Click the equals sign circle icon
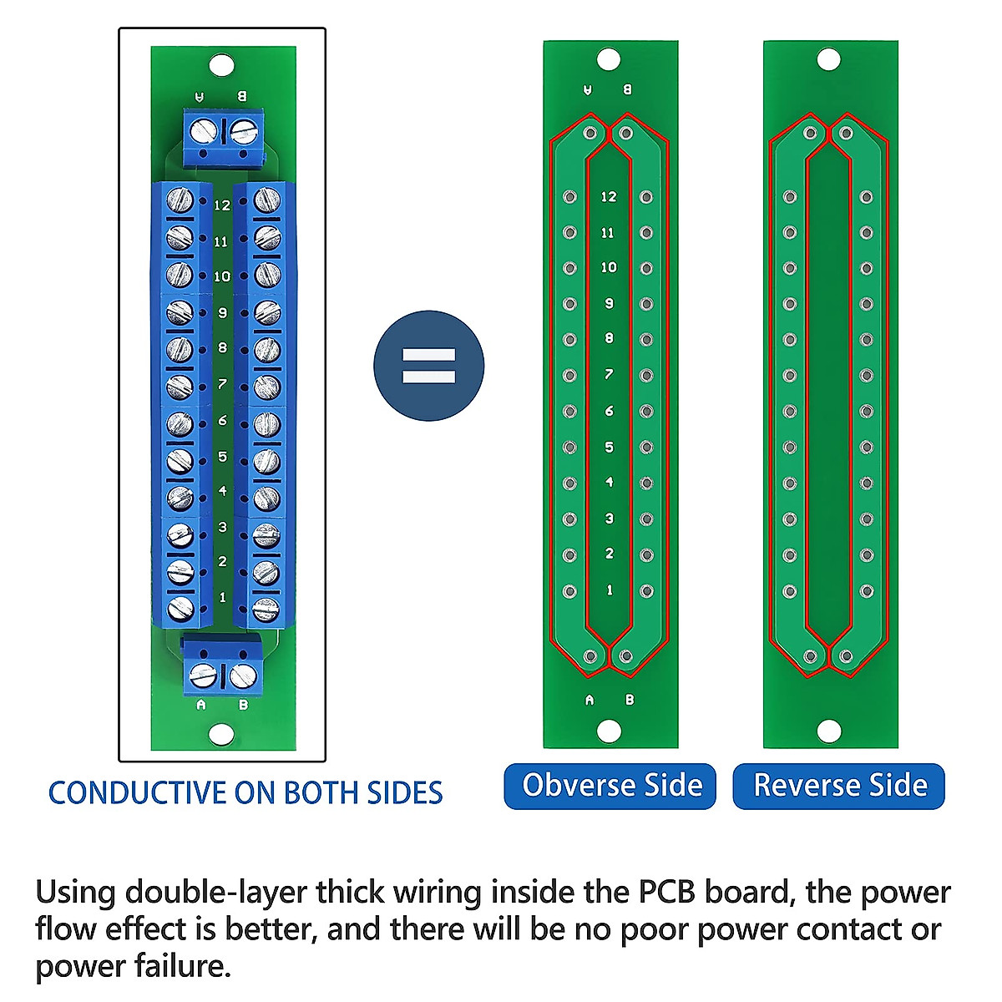pyautogui.click(x=428, y=366)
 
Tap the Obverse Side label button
pyautogui.click(x=610, y=786)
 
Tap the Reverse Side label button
pyautogui.click(x=839, y=786)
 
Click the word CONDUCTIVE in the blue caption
pyautogui.click(x=138, y=792)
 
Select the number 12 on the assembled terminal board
pyautogui.click(x=222, y=205)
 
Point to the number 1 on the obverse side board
pyautogui.click(x=609, y=590)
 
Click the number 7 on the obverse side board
pyautogui.click(x=609, y=374)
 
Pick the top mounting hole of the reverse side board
pyautogui.click(x=828, y=60)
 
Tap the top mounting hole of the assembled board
pyautogui.click(x=221, y=64)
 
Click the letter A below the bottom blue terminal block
pyautogui.click(x=200, y=705)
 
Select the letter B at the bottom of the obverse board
pyautogui.click(x=629, y=700)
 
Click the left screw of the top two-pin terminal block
pyautogui.click(x=205, y=131)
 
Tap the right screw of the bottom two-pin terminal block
pyautogui.click(x=243, y=675)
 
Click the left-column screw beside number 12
pyautogui.click(x=180, y=200)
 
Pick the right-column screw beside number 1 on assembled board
pyautogui.click(x=265, y=609)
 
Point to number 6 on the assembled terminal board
pyautogui.click(x=222, y=420)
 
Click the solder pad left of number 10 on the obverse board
pyautogui.click(x=569, y=268)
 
